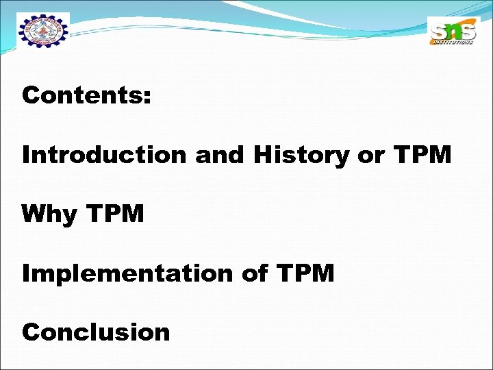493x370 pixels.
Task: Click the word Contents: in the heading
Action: pos(86,96)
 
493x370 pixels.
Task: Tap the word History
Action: pos(302,156)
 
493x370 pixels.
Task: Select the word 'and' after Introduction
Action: pos(220,156)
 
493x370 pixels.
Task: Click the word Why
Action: pos(49,215)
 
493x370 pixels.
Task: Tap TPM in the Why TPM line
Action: pos(116,214)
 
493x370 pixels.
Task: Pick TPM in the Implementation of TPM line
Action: pos(305,273)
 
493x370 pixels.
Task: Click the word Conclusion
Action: pos(96,332)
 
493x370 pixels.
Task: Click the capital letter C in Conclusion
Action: pos(31,332)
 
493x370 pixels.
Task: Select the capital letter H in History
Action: pos(264,156)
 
